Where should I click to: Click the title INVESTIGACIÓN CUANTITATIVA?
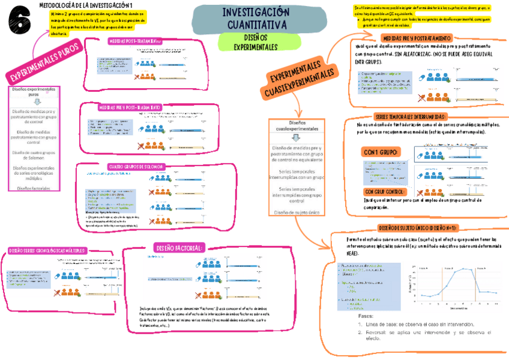point(256,19)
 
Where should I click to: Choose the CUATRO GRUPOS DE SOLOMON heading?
point(135,166)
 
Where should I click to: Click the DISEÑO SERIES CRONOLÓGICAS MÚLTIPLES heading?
point(48,250)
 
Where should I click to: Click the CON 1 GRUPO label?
point(381,152)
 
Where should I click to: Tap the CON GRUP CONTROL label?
point(384,191)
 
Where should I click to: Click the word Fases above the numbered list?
point(366,316)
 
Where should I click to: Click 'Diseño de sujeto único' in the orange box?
point(297,212)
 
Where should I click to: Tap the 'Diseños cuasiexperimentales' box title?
point(296,125)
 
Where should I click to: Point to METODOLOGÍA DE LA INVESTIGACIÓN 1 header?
point(86,5)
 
